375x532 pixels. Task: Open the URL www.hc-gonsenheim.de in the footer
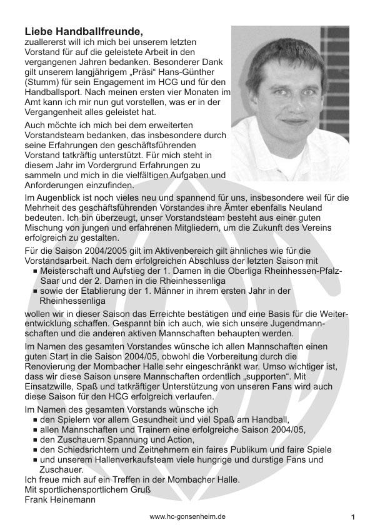pos(187,517)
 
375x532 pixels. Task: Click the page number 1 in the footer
pos(353,518)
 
